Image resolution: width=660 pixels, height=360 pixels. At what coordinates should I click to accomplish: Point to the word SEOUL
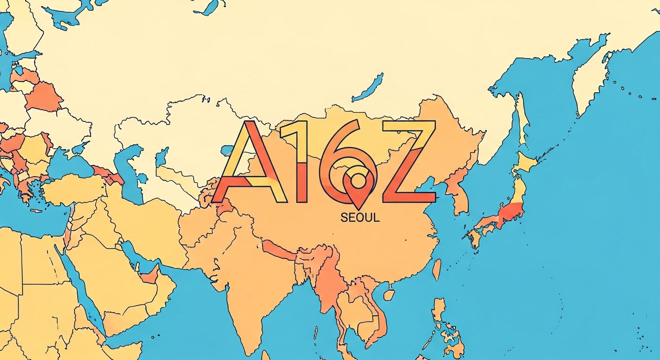360,217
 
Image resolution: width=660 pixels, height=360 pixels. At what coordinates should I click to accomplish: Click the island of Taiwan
436,269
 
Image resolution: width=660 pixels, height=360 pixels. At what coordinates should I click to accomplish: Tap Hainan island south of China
389,294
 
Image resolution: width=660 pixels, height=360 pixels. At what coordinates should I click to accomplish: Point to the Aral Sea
161,157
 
